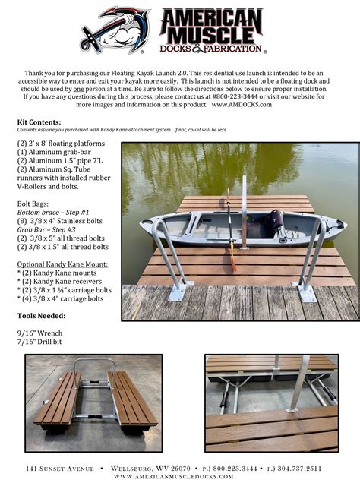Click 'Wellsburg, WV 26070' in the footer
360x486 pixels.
coord(152,469)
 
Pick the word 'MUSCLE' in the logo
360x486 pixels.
coord(210,34)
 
